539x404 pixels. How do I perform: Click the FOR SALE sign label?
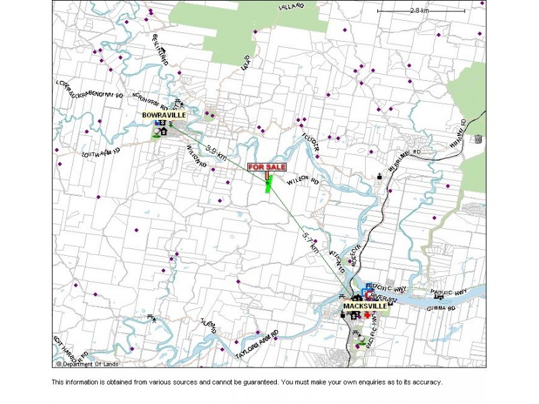[267, 167]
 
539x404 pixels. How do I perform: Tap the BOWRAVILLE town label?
[164, 115]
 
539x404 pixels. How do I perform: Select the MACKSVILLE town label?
[365, 306]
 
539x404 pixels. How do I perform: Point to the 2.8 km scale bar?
[420, 11]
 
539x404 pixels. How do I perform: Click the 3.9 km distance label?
[216, 151]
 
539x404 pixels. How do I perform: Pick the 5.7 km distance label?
[311, 242]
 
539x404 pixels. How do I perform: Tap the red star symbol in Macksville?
[367, 314]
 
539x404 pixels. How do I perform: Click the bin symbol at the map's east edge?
[478, 139]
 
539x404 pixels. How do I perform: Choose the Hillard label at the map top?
[292, 7]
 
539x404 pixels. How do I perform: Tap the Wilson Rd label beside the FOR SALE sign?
[302, 181]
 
